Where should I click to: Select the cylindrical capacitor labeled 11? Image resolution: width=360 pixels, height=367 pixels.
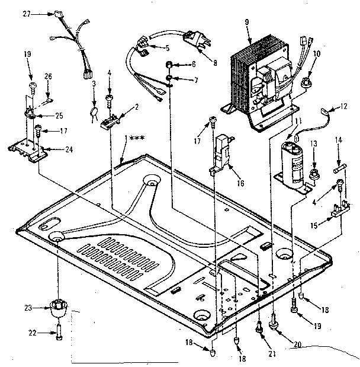[x=294, y=155]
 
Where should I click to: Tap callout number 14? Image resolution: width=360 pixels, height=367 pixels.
[x=339, y=140]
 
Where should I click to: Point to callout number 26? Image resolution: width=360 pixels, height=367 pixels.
[x=49, y=75]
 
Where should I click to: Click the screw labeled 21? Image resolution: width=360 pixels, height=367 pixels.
[x=259, y=325]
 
